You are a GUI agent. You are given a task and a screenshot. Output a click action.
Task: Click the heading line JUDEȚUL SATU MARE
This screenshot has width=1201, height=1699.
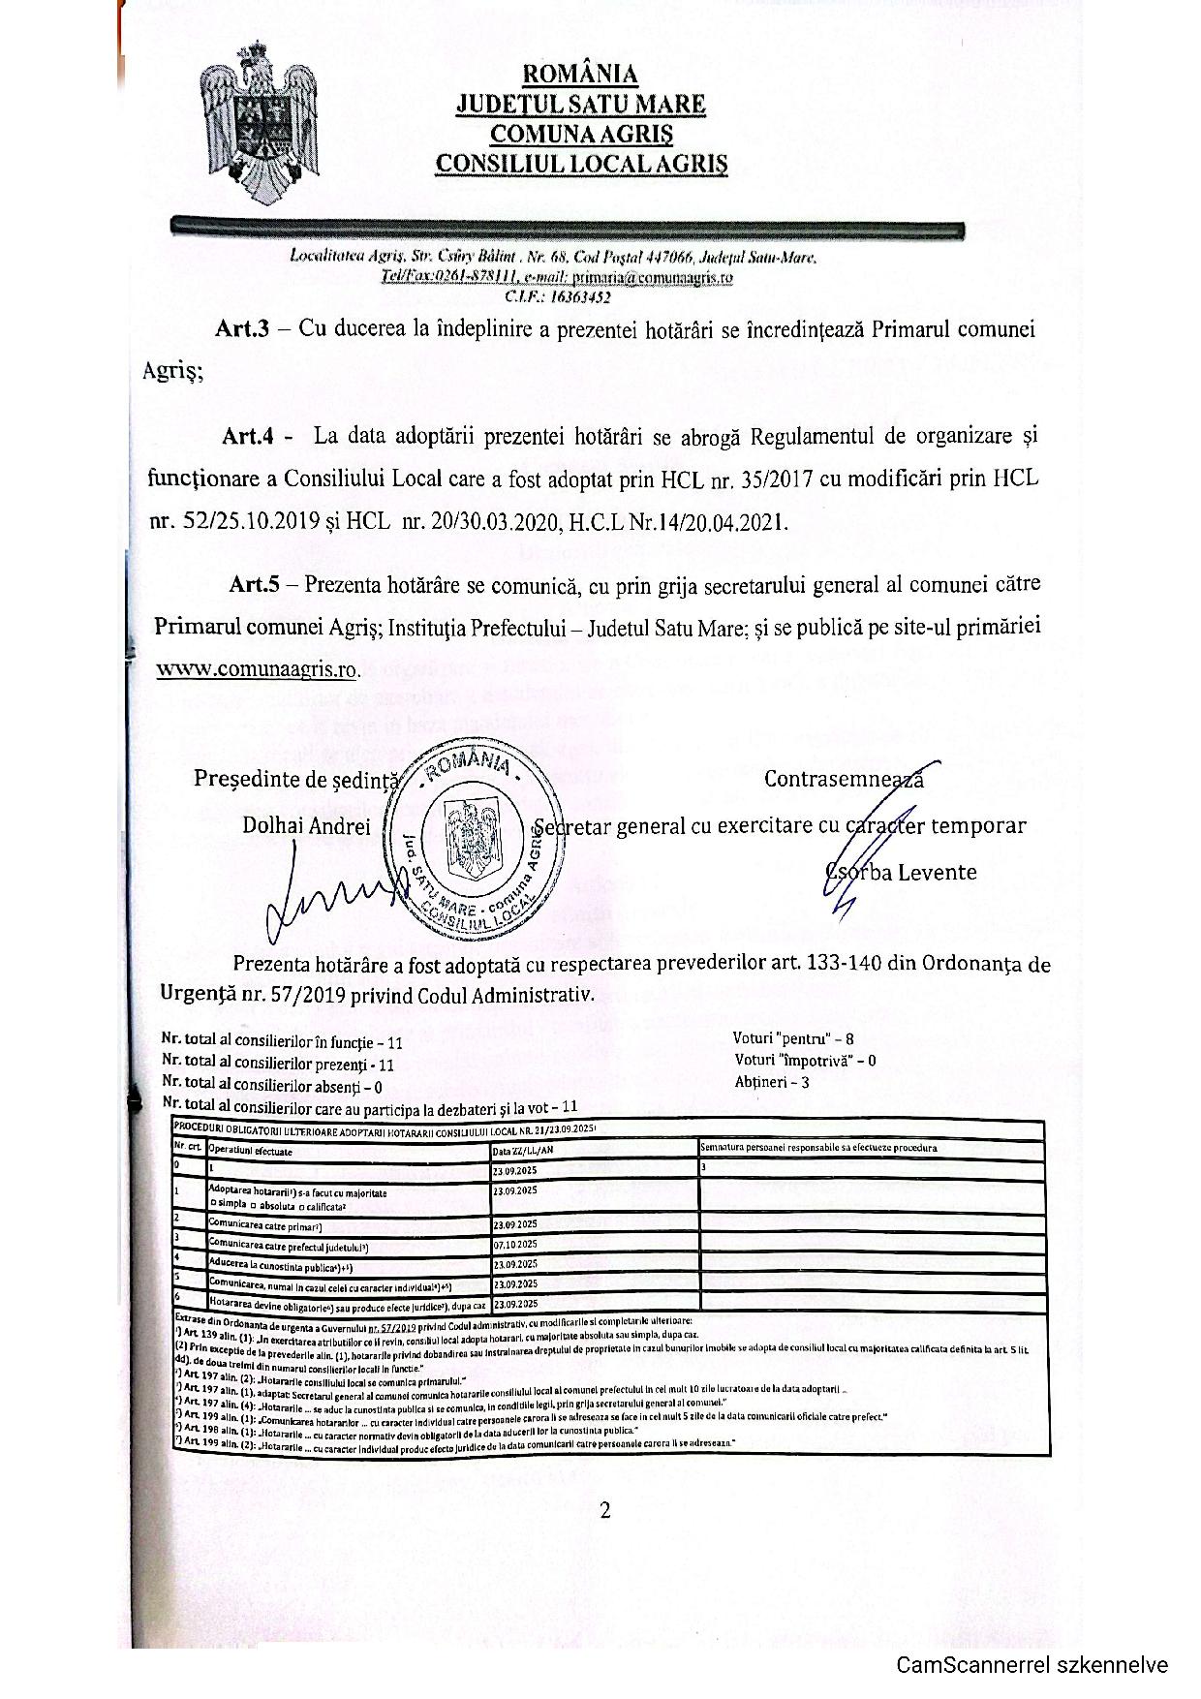tap(581, 104)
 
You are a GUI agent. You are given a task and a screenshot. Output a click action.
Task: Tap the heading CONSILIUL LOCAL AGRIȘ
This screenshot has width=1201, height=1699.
tap(581, 163)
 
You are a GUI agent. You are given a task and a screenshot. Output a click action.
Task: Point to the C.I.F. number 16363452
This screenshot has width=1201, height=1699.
tap(557, 297)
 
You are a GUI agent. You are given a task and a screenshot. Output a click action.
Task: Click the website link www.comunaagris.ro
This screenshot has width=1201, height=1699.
tap(257, 669)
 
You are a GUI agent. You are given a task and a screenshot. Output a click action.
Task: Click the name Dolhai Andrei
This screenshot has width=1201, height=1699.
tap(306, 825)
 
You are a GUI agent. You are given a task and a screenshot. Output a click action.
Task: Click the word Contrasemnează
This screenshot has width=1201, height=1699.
tap(843, 779)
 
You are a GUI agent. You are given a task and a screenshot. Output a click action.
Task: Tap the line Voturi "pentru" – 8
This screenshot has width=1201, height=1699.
tap(793, 1037)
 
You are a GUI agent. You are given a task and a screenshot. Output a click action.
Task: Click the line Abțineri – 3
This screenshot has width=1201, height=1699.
tap(772, 1082)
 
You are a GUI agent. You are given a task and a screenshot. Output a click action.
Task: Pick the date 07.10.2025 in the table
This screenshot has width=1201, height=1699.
tap(515, 1244)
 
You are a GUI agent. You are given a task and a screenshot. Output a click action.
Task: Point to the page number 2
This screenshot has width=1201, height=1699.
tap(605, 1510)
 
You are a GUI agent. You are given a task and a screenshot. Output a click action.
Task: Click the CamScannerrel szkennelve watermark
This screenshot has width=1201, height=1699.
tap(1032, 1665)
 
